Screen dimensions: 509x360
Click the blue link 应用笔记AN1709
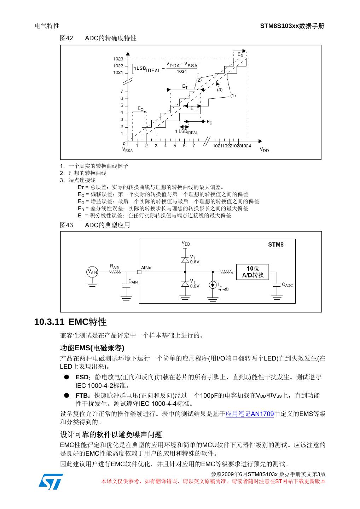[x=250, y=414]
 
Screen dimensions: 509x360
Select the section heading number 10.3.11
[x=50, y=322]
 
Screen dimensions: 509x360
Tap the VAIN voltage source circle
[x=92, y=272]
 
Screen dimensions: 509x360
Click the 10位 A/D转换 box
[x=252, y=272]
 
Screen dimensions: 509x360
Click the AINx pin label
[x=146, y=268]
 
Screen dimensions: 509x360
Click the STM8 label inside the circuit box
[x=275, y=245]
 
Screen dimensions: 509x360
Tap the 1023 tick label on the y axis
[x=118, y=59]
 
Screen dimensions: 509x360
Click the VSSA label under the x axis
[x=127, y=150]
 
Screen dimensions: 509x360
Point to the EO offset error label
[x=140, y=109]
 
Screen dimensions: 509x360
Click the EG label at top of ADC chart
[x=240, y=54]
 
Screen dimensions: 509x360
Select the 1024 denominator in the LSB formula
[x=182, y=72]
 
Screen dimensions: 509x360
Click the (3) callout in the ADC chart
[x=220, y=89]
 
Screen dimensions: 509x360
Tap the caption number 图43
[x=66, y=225]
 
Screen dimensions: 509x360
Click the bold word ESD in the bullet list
[x=82, y=377]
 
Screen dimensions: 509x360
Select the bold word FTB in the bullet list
[x=82, y=396]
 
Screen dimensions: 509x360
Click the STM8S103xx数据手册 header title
[x=292, y=26]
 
